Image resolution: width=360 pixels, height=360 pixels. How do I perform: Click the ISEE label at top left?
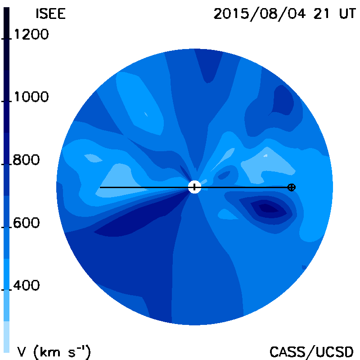coord(51,14)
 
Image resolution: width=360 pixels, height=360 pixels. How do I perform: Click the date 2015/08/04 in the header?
coord(260,14)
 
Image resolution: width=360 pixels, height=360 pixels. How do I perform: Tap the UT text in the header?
coord(347,14)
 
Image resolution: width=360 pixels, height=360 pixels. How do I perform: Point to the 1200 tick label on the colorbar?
coord(31,35)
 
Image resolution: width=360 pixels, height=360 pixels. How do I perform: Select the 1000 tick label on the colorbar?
coord(31,97)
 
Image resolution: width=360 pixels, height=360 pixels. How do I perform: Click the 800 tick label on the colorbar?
coord(26,160)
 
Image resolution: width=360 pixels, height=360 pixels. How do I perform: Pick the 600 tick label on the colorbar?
coord(26,223)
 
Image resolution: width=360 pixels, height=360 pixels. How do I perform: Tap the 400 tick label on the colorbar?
coord(26,285)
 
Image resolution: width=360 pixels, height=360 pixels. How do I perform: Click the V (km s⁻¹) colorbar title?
coord(54,352)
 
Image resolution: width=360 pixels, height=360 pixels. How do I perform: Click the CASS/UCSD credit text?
coord(311,352)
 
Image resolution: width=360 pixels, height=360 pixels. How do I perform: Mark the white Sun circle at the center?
coord(194,187)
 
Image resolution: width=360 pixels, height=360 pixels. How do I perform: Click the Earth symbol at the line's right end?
coord(292,187)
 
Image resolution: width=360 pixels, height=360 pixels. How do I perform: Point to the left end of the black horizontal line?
coord(100,187)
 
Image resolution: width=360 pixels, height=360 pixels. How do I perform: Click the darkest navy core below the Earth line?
coord(268,208)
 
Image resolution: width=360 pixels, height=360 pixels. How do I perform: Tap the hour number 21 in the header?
coord(321,14)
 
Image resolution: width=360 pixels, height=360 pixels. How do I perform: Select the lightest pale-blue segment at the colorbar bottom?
coord(6,337)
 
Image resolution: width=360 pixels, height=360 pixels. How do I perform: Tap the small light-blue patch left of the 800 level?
coord(93,158)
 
